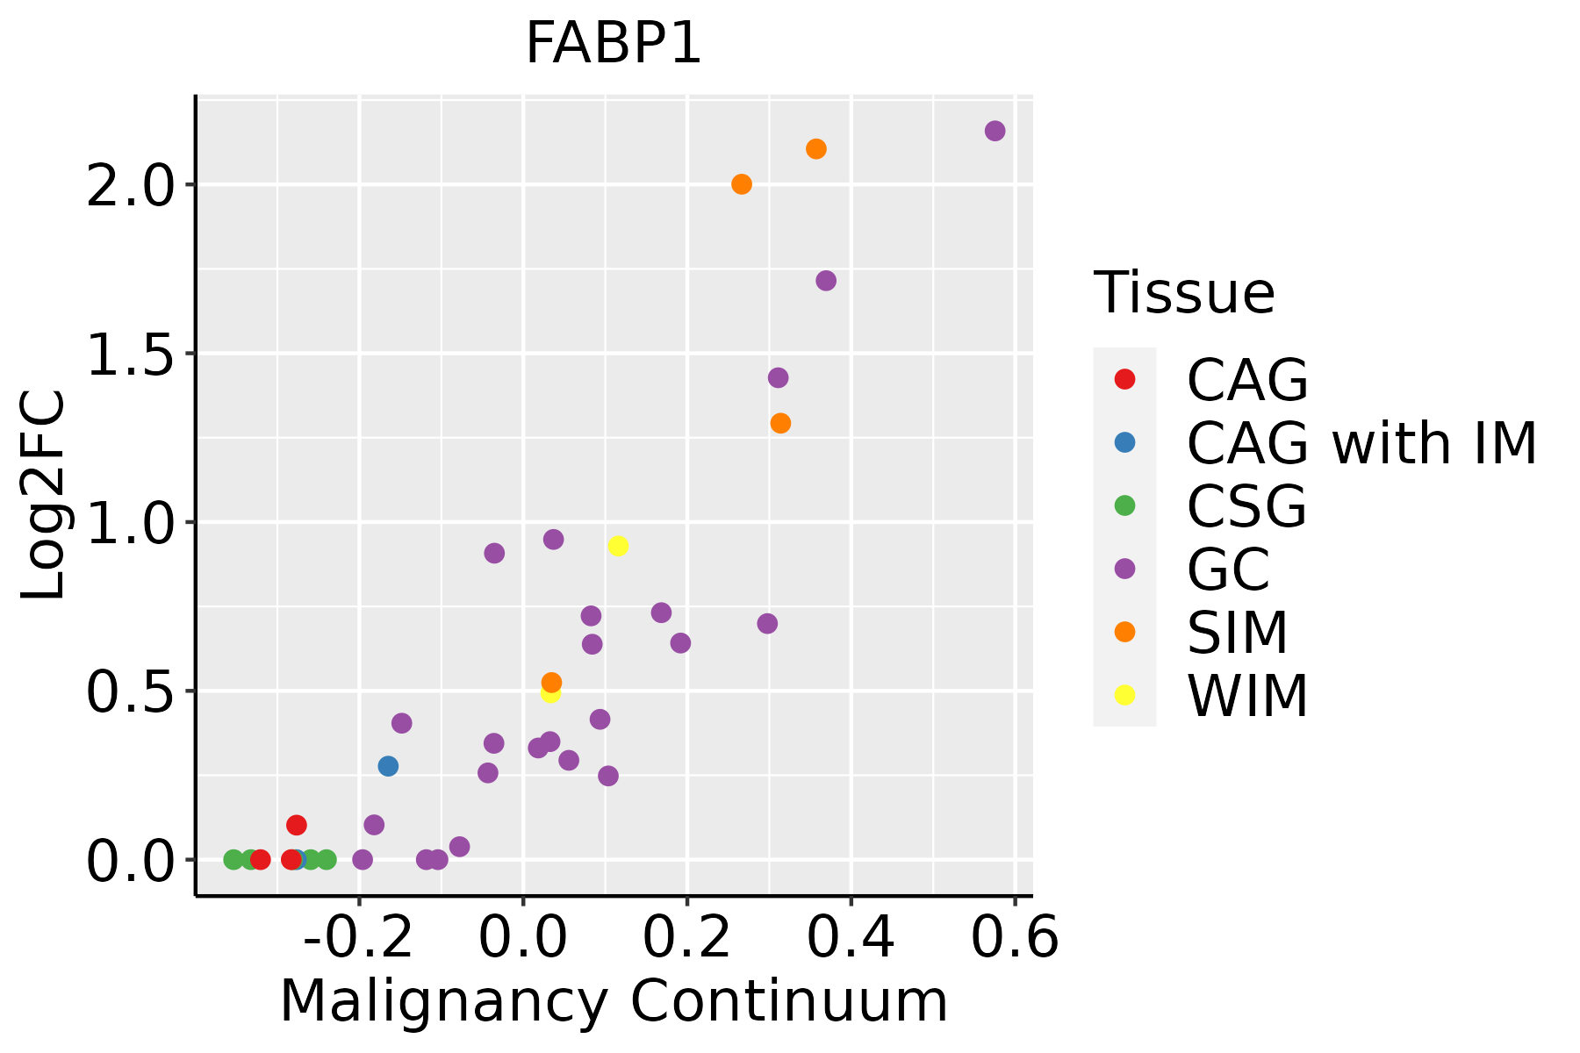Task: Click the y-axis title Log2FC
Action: pos(44,496)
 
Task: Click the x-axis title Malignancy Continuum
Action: pos(614,1002)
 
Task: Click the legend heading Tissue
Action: pos(1184,293)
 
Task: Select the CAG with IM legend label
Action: pos(1361,443)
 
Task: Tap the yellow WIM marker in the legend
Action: pos(1124,695)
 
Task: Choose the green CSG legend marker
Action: pos(1124,505)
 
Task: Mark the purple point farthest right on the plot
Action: pos(995,131)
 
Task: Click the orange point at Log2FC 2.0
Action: pos(742,184)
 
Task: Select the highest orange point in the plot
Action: pos(816,149)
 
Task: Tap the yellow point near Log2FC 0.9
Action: pos(618,546)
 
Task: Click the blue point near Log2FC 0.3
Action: pos(388,766)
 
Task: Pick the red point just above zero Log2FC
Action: pos(297,825)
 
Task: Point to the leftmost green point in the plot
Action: pos(233,859)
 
